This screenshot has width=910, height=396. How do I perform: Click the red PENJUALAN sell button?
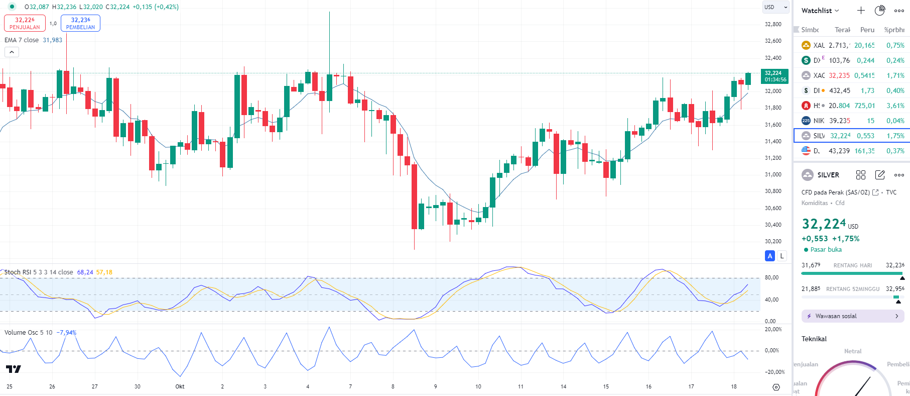(25, 23)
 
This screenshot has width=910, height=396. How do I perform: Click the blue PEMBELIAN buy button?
(80, 23)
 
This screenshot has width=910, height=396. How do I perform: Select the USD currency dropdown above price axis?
(775, 7)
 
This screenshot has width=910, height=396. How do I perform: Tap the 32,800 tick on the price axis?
(773, 24)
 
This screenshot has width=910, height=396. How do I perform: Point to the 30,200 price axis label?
(773, 241)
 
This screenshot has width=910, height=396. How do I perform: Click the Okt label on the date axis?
(180, 386)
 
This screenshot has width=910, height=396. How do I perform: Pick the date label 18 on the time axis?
(734, 386)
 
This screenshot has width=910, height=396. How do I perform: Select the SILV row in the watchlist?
(851, 136)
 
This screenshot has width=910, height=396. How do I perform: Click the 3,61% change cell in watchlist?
(895, 106)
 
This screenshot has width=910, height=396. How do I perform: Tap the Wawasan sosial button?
(852, 316)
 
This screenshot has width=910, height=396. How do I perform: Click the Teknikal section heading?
(814, 339)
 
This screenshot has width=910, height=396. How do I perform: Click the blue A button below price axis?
(770, 256)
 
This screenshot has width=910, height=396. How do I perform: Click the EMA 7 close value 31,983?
(52, 40)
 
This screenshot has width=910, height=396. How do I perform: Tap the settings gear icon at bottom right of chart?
(776, 387)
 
